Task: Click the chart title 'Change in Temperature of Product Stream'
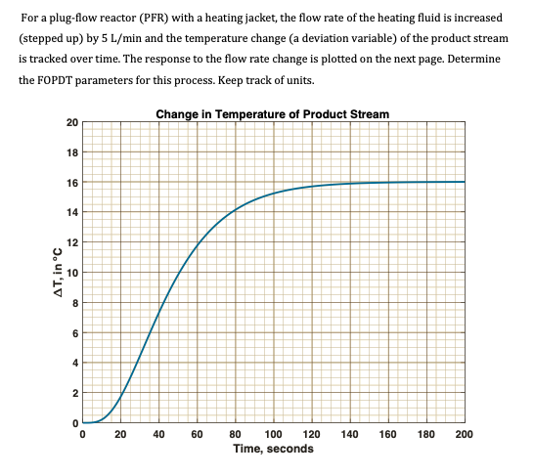[x=273, y=113]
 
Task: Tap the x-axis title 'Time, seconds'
[x=273, y=449]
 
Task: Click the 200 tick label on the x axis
[x=464, y=433]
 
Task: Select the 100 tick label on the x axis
[x=273, y=433]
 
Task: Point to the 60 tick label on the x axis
[x=197, y=433]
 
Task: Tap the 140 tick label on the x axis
[x=349, y=433]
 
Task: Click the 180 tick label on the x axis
[x=425, y=433]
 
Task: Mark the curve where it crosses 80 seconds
[x=235, y=210]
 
